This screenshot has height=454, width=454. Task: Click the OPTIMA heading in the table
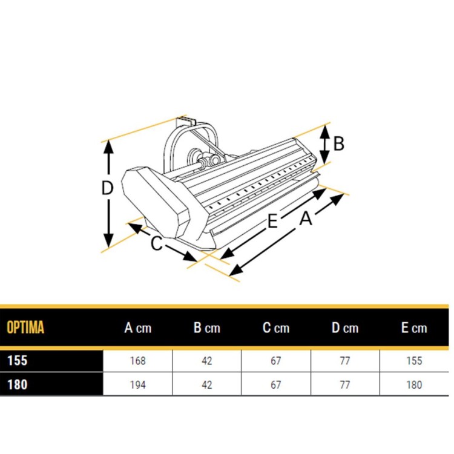(25, 327)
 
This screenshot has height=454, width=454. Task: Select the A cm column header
(138, 328)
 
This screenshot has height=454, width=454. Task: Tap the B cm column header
(207, 328)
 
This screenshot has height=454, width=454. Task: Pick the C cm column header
(276, 328)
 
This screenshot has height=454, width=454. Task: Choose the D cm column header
(345, 328)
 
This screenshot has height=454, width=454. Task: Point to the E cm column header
(414, 328)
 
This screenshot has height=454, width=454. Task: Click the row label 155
(18, 361)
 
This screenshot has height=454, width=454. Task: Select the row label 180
(18, 385)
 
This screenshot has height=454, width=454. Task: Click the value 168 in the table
(138, 361)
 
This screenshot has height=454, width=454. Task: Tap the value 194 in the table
(138, 385)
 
